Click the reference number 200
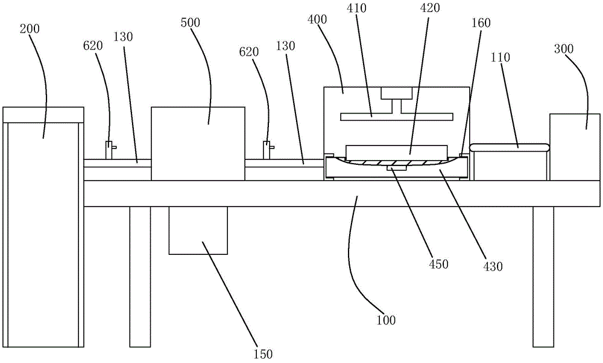[30, 29]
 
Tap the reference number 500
[191, 23]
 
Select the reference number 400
[317, 19]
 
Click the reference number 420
[430, 7]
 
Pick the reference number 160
[481, 23]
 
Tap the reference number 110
[500, 57]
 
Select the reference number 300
[564, 48]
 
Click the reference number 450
[439, 265]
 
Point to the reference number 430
[493, 266]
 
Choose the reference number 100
[386, 320]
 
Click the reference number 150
[263, 354]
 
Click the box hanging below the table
[198, 231]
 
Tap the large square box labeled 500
[198, 144]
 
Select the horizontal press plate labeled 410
[397, 116]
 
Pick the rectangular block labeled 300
[575, 147]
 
